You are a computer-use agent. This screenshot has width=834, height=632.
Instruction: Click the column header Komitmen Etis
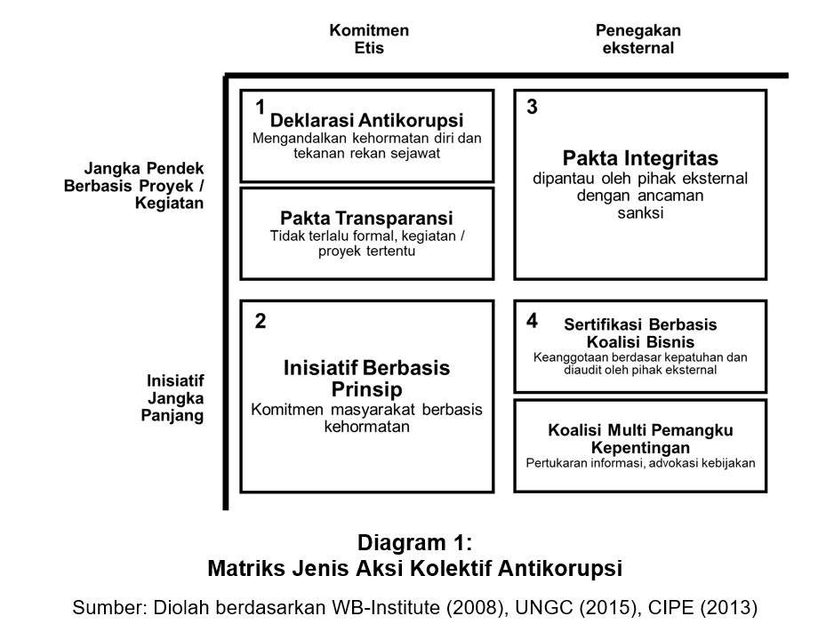tap(369, 39)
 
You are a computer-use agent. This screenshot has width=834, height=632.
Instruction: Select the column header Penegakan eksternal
tap(638, 39)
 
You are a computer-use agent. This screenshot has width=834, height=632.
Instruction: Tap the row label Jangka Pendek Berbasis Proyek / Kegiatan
tap(133, 185)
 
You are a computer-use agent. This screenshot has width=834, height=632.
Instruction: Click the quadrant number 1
tap(261, 108)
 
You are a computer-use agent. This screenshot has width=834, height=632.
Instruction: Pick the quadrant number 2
tap(261, 321)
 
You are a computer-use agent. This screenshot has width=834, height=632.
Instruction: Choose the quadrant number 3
tap(532, 108)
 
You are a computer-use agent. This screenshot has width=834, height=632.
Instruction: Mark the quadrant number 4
tap(532, 321)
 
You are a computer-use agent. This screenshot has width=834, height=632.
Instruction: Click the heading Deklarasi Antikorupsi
tap(367, 120)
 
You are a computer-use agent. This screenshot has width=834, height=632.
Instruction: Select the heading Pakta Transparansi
tap(366, 218)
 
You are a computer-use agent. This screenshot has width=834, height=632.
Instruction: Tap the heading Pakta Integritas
tap(640, 159)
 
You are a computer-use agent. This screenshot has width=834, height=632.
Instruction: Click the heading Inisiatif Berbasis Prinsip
tap(366, 379)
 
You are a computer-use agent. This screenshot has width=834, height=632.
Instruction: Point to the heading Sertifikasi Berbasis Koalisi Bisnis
tap(640, 332)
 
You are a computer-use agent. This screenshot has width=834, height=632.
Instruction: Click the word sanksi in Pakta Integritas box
tap(639, 213)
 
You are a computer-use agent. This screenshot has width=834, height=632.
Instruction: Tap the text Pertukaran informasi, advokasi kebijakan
tap(640, 462)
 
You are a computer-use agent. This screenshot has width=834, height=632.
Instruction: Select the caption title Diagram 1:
tap(414, 542)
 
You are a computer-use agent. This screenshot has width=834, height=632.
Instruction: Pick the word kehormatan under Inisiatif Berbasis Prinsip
tap(366, 426)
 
